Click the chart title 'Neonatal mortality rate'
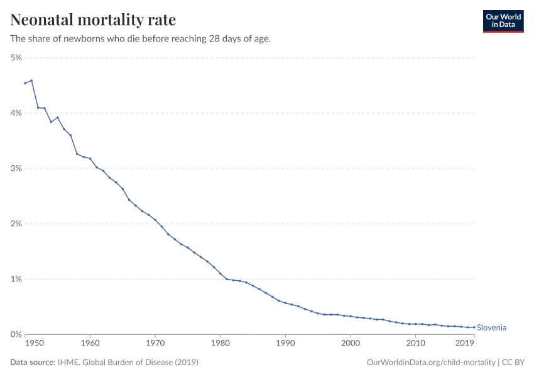coord(93,20)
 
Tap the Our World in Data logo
coord(503,21)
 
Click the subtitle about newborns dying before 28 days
coord(141,39)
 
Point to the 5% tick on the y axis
coord(16,58)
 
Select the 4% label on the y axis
coord(16,113)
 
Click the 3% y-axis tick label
coord(16,168)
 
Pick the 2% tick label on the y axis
coord(16,224)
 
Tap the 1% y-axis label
coord(16,279)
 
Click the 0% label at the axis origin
coord(16,334)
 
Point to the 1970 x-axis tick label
coord(155,344)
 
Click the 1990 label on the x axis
coord(285,344)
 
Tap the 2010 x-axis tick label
coord(415,344)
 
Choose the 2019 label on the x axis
coord(464,344)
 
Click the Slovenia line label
coord(491,327)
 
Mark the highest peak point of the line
coord(31,80)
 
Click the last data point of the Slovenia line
coord(474,327)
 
